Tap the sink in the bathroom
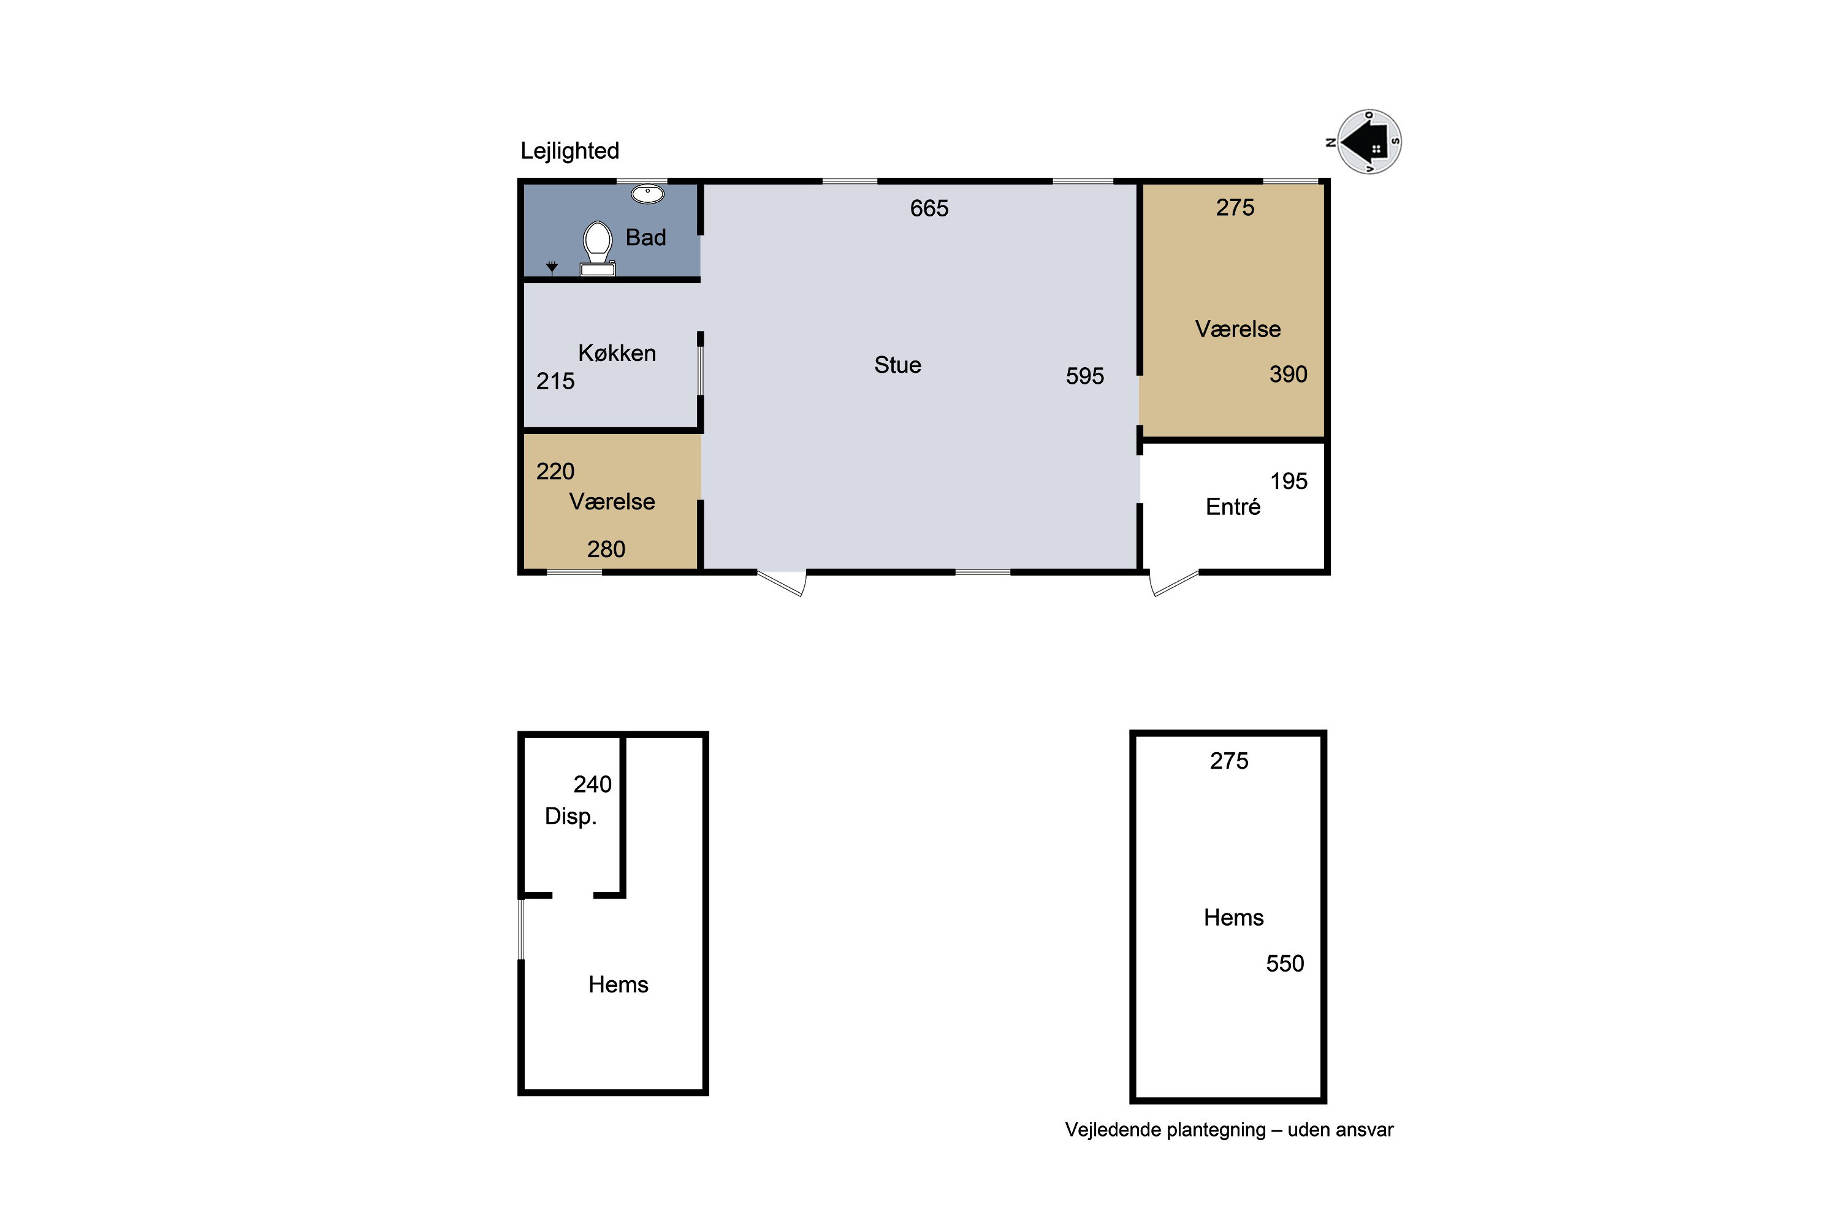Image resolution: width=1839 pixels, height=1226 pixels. point(647,194)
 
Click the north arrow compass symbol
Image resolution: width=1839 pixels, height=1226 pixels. point(1368,142)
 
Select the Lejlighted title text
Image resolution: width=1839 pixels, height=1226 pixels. point(570,151)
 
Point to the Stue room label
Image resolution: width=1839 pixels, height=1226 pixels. point(897,365)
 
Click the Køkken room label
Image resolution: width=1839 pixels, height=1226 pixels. point(617,354)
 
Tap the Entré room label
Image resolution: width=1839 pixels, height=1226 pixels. point(1233,507)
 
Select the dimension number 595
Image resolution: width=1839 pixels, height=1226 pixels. point(1085,376)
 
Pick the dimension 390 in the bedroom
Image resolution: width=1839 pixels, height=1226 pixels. point(1289,375)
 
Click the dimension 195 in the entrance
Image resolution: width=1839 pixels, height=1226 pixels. point(1289,482)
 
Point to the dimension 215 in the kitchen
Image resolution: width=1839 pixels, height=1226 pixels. point(555,381)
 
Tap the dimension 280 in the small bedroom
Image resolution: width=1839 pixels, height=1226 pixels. point(606,550)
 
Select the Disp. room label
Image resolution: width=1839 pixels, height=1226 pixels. point(571,817)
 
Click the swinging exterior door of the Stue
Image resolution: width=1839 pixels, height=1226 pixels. point(782,584)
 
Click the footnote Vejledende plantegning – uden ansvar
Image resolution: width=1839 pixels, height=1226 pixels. point(1229,1130)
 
